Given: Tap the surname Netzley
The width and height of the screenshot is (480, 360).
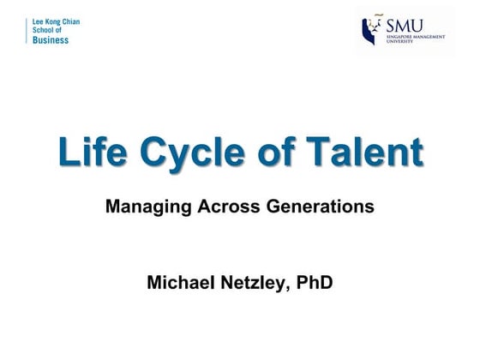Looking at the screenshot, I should point(255,282).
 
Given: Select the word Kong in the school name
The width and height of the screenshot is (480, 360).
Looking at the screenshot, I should point(54,21).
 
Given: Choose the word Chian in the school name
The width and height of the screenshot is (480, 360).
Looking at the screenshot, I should point(72,21).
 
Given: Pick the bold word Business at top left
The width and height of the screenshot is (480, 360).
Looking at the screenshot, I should point(51,40).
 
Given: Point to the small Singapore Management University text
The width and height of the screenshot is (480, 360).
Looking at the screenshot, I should point(411,40).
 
